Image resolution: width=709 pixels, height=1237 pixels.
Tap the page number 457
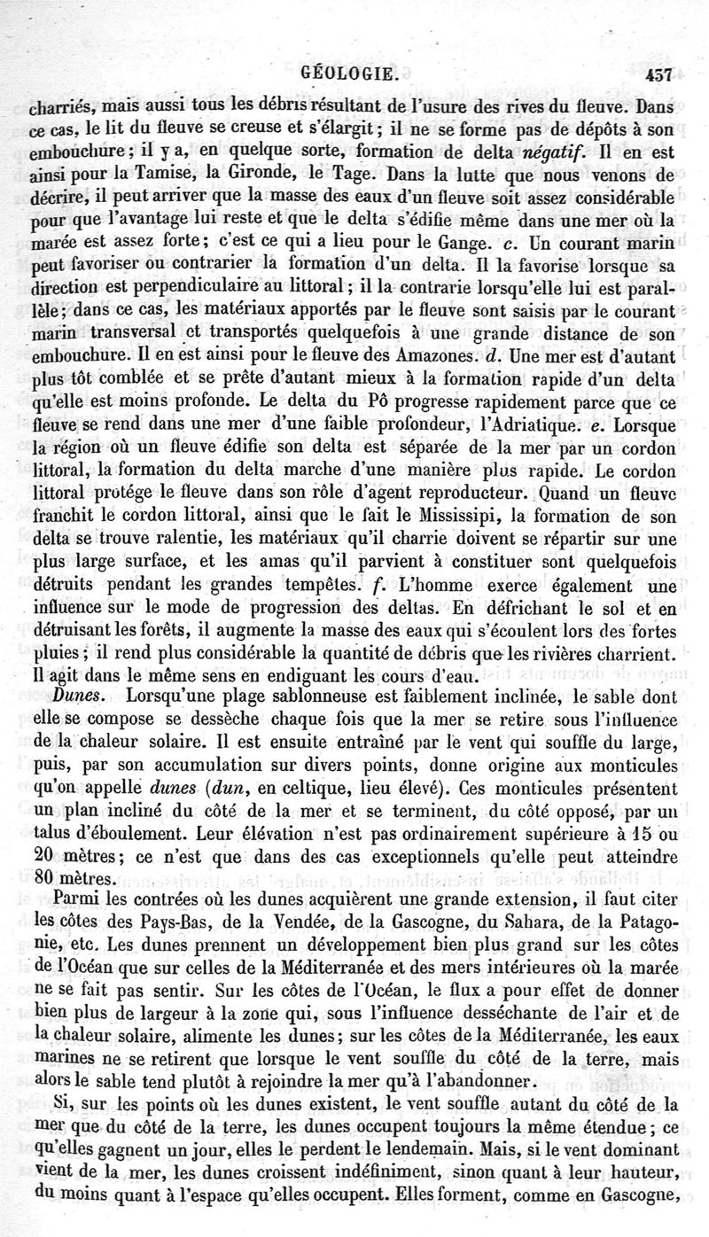[x=662, y=77]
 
